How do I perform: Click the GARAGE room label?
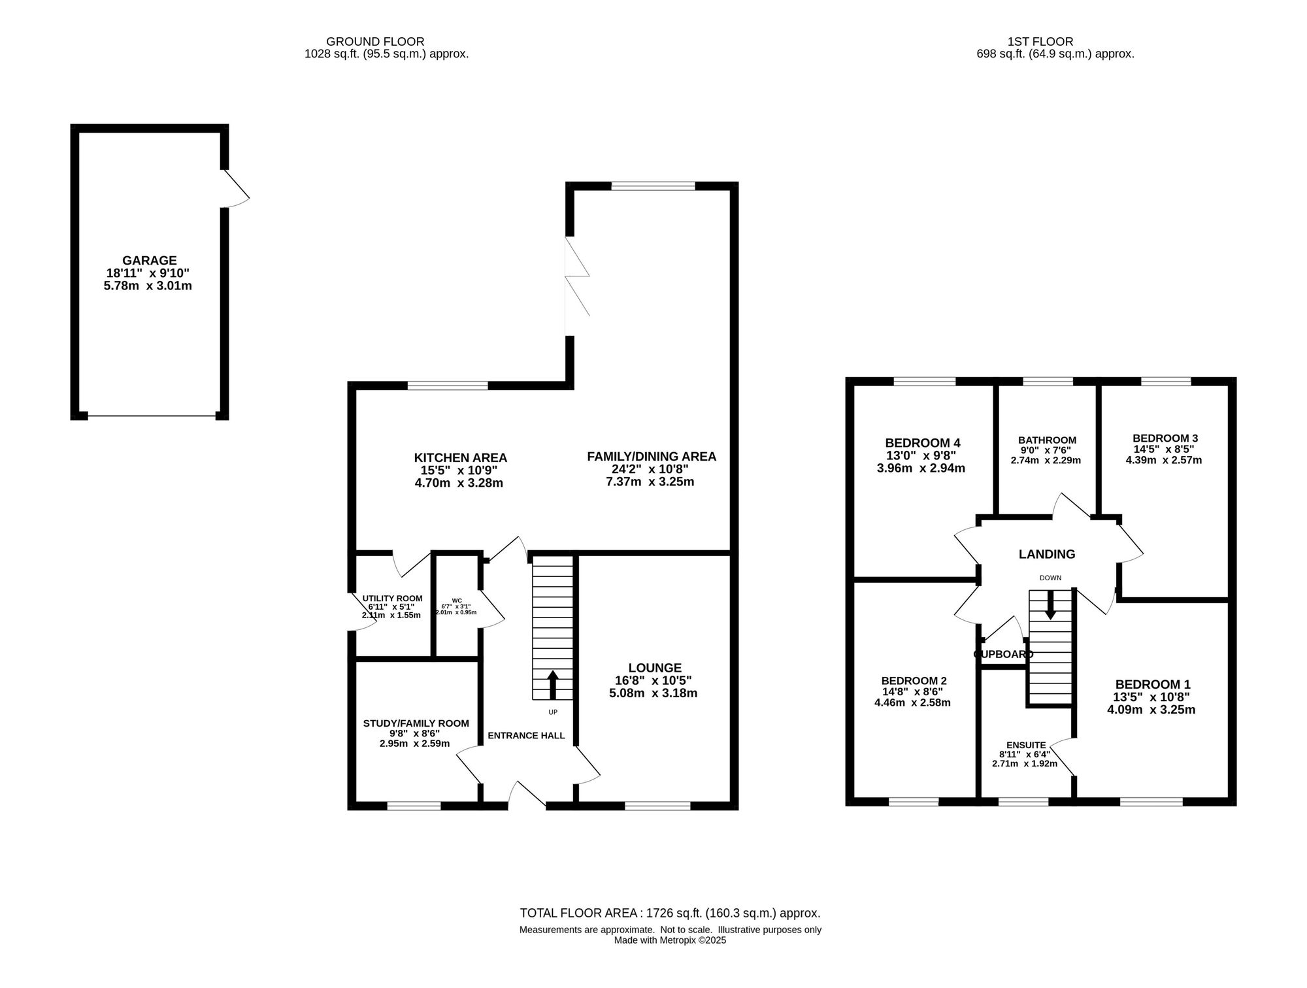pos(150,261)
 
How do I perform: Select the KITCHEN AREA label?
pos(461,458)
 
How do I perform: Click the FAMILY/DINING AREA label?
pos(652,457)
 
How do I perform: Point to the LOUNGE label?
pos(655,668)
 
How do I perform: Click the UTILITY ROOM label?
pos(393,599)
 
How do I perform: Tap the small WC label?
pos(457,601)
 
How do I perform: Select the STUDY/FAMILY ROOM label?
pos(416,723)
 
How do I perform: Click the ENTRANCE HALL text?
pos(526,736)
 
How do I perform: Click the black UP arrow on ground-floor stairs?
pos(552,684)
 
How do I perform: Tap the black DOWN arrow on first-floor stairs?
pos(1050,604)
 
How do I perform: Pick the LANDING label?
pos(1047,554)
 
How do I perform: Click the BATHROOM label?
pos(1047,440)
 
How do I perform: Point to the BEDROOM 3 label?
pos(1165,438)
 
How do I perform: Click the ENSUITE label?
pos(1026,745)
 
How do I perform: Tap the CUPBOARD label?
pos(1004,654)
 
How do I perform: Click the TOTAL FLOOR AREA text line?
pos(670,914)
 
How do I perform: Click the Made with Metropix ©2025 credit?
pos(670,940)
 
